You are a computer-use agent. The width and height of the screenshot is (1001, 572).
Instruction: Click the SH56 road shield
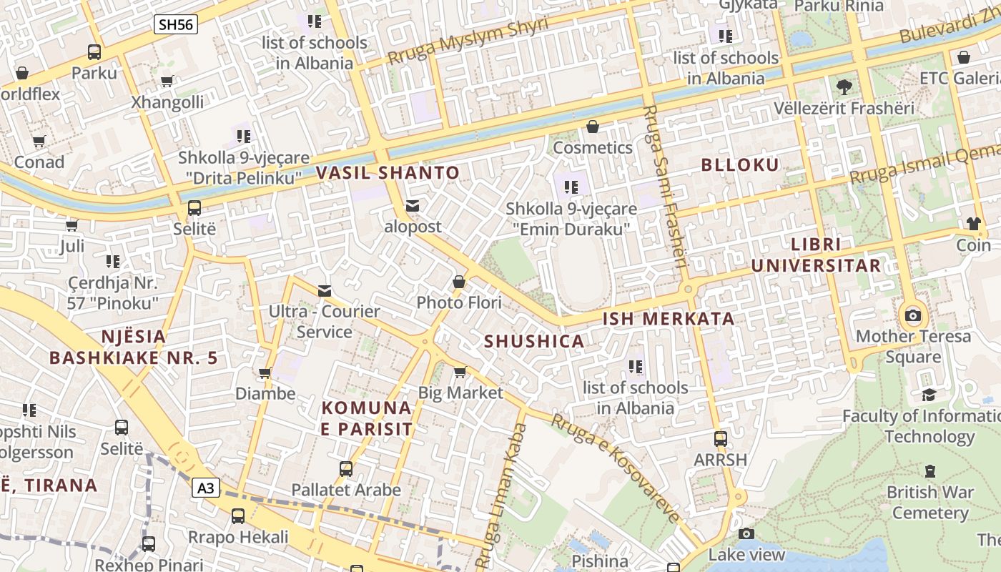click(x=176, y=24)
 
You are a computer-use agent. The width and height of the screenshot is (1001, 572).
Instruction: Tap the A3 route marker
click(x=205, y=488)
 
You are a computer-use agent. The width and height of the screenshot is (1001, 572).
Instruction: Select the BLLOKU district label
click(x=740, y=165)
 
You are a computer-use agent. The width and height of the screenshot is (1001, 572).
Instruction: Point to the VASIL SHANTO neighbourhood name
click(x=388, y=172)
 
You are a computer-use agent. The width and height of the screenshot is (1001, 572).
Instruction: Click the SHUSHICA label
click(x=534, y=341)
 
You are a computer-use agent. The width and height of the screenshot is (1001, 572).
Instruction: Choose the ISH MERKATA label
click(x=669, y=319)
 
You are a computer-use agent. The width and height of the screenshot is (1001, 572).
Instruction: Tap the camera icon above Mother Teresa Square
click(x=912, y=315)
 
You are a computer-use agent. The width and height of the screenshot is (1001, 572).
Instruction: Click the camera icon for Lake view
click(x=746, y=533)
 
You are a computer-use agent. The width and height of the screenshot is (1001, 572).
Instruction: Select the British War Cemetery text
click(x=929, y=503)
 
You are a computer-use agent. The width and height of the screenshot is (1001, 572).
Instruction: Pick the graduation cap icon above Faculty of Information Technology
click(x=929, y=395)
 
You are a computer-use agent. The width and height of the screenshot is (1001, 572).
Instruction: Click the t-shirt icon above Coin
click(x=973, y=223)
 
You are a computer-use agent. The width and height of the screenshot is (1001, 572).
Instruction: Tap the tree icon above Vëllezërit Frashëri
click(x=844, y=87)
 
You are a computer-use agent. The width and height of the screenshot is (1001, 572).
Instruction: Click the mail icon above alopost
click(x=413, y=206)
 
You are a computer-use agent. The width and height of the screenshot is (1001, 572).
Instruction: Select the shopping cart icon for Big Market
click(x=460, y=372)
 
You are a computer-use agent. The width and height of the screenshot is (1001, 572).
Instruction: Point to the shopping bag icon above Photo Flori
click(x=459, y=282)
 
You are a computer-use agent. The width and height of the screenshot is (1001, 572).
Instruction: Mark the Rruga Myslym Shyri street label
click(x=468, y=41)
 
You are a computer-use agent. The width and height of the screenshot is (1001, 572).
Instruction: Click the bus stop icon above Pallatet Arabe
click(x=346, y=469)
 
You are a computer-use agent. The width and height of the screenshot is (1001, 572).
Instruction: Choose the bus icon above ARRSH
click(x=721, y=438)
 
